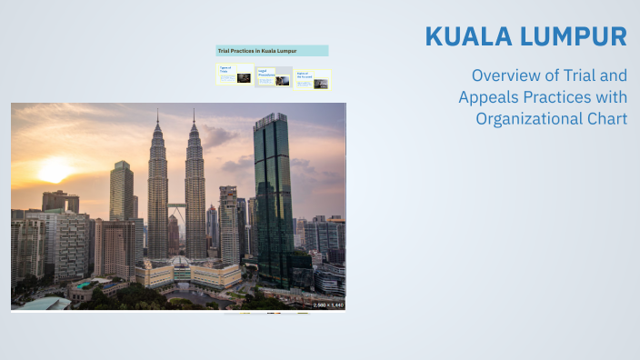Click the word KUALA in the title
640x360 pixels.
click(x=463, y=36)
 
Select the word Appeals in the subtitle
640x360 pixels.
click(x=492, y=97)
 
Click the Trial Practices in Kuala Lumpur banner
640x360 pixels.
click(x=272, y=51)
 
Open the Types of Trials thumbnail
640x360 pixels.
click(x=234, y=75)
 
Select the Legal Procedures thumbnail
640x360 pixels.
click(x=274, y=77)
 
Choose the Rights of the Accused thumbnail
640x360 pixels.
click(x=314, y=79)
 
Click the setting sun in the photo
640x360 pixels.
click(x=54, y=170)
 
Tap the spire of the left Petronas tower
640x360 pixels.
click(x=157, y=116)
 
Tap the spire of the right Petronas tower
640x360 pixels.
click(x=194, y=116)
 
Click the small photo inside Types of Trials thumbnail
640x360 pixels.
click(x=244, y=78)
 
